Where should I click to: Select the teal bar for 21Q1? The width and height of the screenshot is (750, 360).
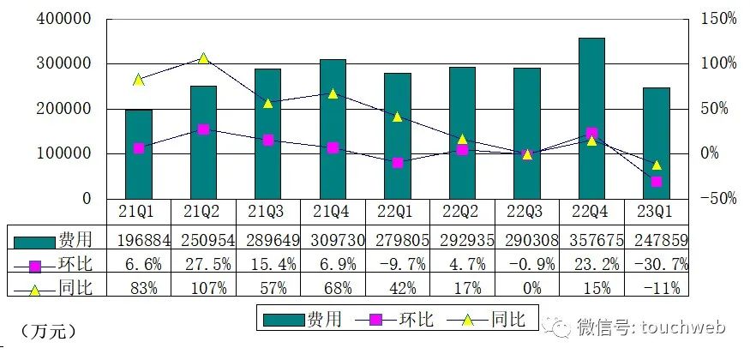click(x=139, y=154)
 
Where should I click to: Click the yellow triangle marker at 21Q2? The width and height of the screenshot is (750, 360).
click(x=203, y=58)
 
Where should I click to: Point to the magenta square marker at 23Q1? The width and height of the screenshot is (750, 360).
click(x=656, y=182)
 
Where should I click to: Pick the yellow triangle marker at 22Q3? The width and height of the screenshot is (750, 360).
click(x=527, y=154)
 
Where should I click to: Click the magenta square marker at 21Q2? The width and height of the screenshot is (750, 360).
click(x=203, y=129)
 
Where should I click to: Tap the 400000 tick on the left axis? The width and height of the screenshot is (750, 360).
click(x=64, y=18)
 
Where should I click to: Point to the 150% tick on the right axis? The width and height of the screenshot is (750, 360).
click(x=717, y=18)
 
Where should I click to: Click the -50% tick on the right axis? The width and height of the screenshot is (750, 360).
click(x=717, y=199)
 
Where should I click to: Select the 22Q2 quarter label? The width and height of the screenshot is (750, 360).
click(x=462, y=210)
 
